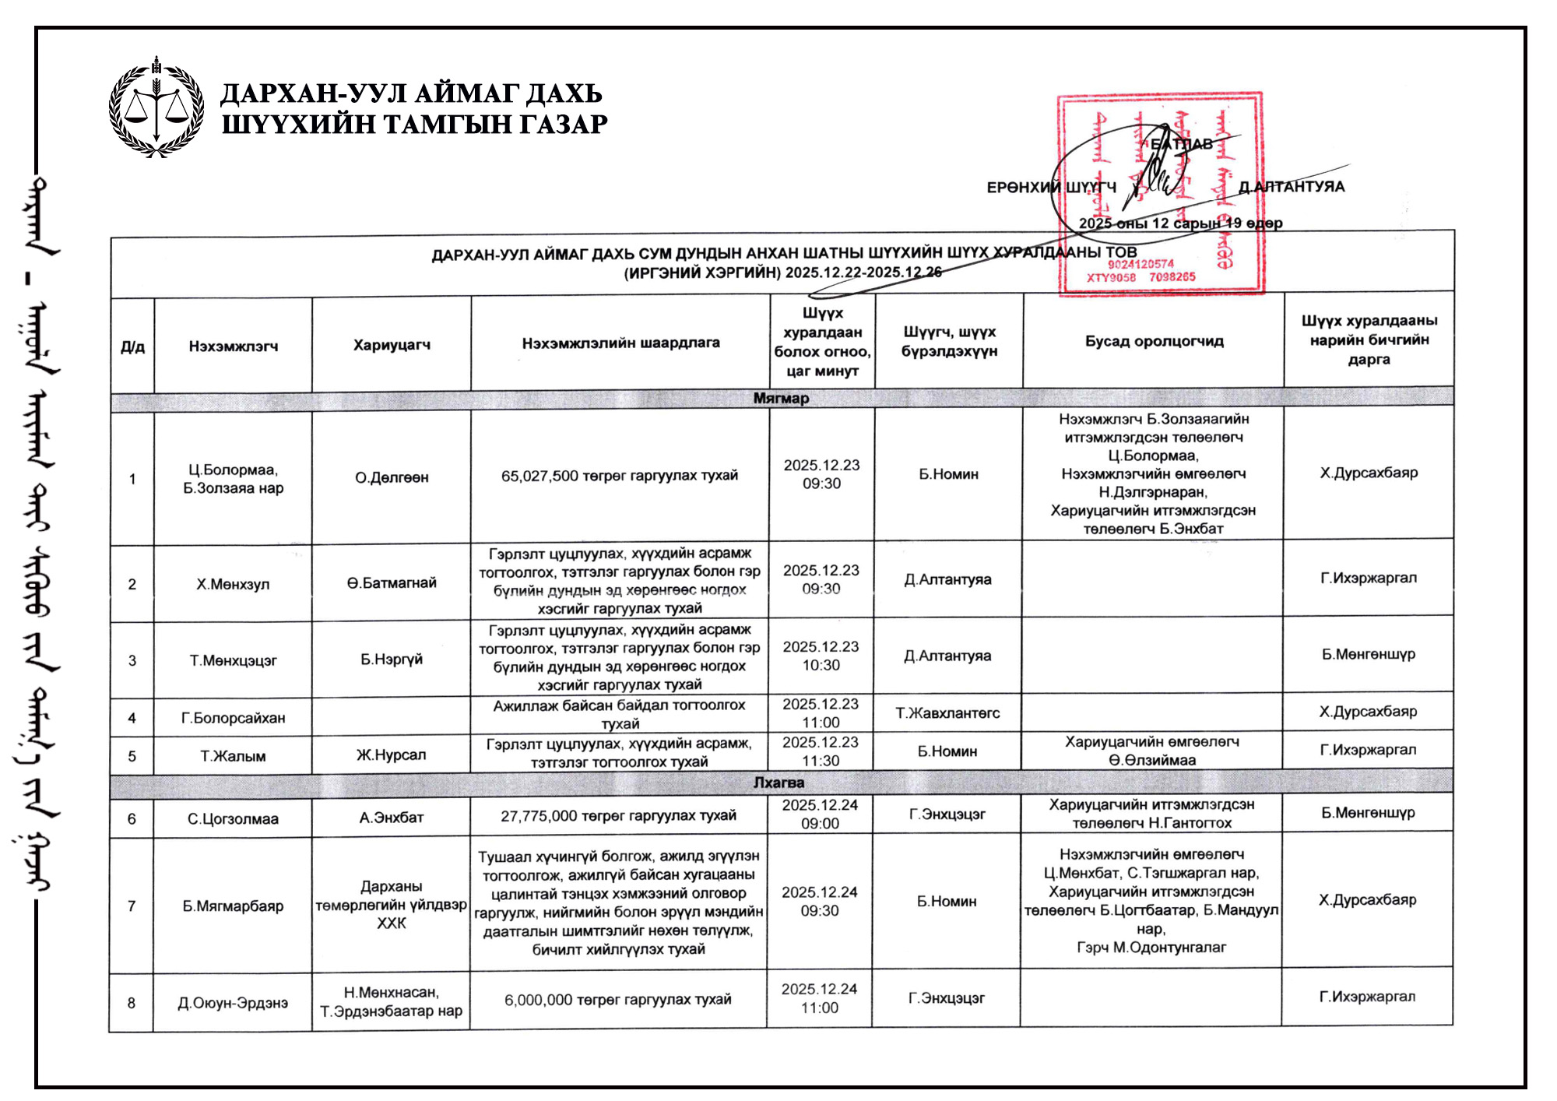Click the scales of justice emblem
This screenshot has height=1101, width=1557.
coord(156,107)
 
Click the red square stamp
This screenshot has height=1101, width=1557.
coord(1160,195)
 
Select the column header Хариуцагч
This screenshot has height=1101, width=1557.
coord(392,345)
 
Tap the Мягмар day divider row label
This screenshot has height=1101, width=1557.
coord(781,398)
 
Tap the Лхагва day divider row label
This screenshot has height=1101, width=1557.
coord(778,782)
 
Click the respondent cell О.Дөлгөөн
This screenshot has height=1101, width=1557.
coord(392,477)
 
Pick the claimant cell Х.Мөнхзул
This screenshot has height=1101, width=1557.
coord(233,584)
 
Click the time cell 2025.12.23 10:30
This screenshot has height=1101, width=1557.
coord(821,656)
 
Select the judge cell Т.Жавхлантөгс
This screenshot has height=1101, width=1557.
coord(947,712)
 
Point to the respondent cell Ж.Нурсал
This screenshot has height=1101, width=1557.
coord(391,755)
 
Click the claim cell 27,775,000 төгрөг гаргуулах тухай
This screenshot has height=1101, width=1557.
coord(618,815)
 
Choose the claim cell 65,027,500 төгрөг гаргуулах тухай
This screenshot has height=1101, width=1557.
coord(619,475)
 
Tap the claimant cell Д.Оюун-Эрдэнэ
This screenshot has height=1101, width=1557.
coord(233,1003)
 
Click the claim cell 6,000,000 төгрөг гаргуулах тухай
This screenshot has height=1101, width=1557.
coord(617,999)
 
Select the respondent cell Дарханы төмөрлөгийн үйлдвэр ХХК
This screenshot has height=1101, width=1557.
coord(391,904)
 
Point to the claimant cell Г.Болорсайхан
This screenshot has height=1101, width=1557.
coord(233,717)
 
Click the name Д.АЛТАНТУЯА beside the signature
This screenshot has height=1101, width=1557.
coord(1292,187)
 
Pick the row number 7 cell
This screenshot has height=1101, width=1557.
coord(132,906)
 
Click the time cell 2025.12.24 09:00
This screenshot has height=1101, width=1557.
coord(820,814)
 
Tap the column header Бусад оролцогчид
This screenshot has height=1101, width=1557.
coord(1154,341)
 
